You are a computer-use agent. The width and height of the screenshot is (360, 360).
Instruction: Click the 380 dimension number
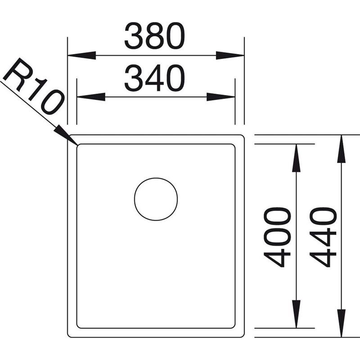coord(154,36)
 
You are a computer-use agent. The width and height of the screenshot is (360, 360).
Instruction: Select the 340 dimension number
coord(154,78)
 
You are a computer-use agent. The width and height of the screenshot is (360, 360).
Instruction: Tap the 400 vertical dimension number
coord(277,237)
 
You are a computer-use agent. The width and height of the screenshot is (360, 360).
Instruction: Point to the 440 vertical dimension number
coord(323,237)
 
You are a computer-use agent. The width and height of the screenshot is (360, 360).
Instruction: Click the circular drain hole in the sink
coord(156,199)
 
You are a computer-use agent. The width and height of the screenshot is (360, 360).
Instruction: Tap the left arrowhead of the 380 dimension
coord(81,55)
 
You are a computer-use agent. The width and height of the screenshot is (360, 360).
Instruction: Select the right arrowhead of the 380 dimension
coord(230,55)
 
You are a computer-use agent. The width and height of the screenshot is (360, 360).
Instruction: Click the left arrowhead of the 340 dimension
coord(91,97)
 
